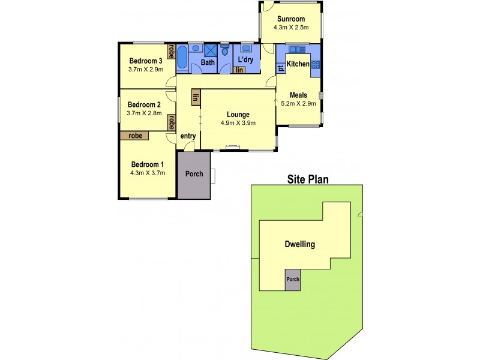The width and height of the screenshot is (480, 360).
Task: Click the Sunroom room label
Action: pos(290,19)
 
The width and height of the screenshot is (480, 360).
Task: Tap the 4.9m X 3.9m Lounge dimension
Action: pos(238,124)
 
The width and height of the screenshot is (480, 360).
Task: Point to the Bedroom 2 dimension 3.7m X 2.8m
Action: pos(145,113)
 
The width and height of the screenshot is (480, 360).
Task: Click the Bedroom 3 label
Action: pos(146,61)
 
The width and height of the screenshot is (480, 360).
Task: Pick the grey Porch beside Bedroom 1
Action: pos(193,175)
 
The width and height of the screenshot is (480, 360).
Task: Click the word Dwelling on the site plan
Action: pos(299,245)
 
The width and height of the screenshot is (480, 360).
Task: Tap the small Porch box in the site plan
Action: pos(292,280)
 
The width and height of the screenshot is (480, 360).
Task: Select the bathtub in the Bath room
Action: pos(182,58)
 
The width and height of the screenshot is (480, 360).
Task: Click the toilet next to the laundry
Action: pos(225,52)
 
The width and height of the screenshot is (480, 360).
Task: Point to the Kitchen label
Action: pos(298,64)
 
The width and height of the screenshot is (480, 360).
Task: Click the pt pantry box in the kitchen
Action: pos(280,68)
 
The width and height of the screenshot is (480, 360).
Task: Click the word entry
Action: pos(188,136)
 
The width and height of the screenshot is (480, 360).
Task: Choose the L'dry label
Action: pos(244,61)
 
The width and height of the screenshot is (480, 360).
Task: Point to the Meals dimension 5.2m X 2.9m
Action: pos(298,103)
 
